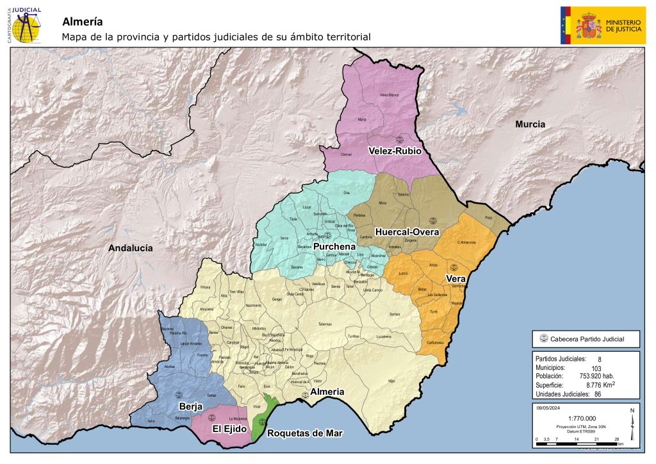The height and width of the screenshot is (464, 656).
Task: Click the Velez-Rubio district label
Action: [x=394, y=151]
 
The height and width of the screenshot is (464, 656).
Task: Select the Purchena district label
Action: [x=334, y=247]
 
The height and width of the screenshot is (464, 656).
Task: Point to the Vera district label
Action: [x=455, y=279]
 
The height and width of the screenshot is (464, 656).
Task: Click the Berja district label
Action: [x=191, y=406]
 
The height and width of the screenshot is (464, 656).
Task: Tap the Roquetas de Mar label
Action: [x=304, y=433]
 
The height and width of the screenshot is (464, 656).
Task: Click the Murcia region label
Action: [x=530, y=124]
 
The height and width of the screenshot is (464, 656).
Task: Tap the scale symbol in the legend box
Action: [x=544, y=339]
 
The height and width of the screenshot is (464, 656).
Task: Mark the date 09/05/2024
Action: [x=549, y=407]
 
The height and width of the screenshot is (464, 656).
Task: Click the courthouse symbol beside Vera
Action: [x=454, y=267]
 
